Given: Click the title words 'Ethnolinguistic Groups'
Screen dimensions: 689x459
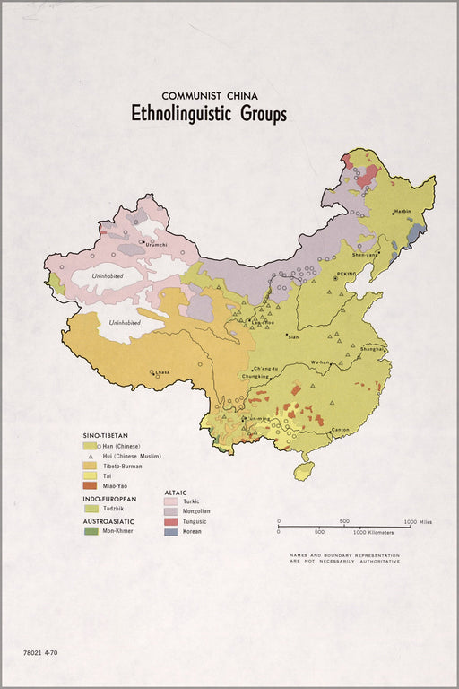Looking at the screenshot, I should pos(209,114).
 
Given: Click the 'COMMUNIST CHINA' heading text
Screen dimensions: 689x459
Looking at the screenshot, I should pos(209,94).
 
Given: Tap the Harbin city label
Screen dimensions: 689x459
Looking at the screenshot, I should pos(401,212).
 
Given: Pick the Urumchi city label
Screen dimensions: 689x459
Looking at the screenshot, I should pos(156,244).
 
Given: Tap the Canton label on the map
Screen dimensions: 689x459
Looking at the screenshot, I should pos(340,430).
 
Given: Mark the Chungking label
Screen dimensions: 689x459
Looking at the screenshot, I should pos(256,377).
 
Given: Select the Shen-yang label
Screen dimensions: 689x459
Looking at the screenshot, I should pos(366,254).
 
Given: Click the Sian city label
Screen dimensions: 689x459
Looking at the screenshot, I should pos(292,336).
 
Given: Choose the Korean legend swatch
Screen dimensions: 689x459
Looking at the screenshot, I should pos(171,531).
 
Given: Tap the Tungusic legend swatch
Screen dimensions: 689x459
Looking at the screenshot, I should pos(171,521).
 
